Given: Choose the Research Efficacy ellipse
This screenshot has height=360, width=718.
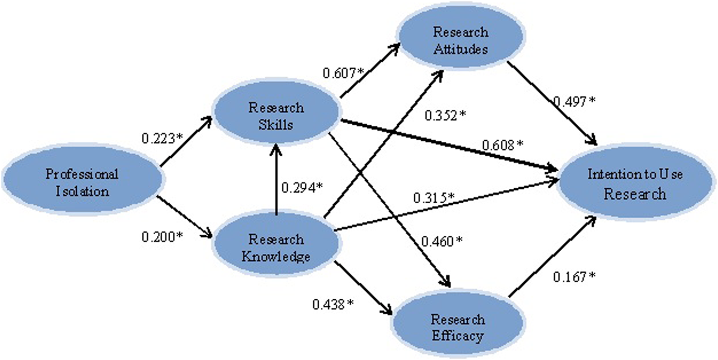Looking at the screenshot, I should pyautogui.click(x=458, y=327).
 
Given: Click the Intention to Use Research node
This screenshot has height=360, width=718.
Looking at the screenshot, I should pyautogui.click(x=635, y=184).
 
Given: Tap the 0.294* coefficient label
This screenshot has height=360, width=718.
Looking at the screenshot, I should pyautogui.click(x=302, y=187).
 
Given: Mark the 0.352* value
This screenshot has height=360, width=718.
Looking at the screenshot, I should pyautogui.click(x=445, y=116).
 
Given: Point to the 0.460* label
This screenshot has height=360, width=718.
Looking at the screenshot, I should pyautogui.click(x=441, y=241).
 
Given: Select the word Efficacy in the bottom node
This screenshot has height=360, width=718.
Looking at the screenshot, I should pyautogui.click(x=458, y=335).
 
